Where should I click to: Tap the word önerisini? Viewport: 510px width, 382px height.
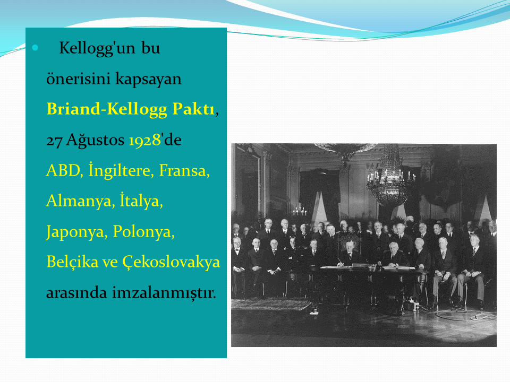pyautogui.click(x=79, y=79)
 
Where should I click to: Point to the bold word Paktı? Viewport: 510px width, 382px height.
pyautogui.click(x=193, y=108)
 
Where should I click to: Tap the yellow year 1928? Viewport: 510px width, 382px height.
pyautogui.click(x=144, y=140)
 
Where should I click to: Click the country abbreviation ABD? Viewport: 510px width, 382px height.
pyautogui.click(x=63, y=170)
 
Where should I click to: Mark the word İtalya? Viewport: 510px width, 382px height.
pyautogui.click(x=140, y=200)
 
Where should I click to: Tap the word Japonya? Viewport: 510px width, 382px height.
pyautogui.click(x=75, y=232)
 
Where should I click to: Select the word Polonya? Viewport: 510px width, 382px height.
pyautogui.click(x=142, y=232)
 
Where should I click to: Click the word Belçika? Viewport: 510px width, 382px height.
pyautogui.click(x=72, y=262)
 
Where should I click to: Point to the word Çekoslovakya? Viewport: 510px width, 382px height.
pyautogui.click(x=171, y=262)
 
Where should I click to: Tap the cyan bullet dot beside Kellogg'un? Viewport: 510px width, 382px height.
pyautogui.click(x=35, y=48)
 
